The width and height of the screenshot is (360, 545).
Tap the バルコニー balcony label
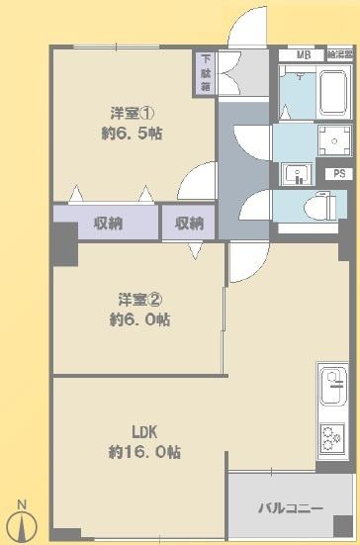click(x=290, y=508)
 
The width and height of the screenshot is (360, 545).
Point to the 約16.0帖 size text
click(x=144, y=452)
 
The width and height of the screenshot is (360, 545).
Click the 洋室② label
click(x=135, y=299)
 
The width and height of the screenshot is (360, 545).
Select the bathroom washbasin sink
click(x=294, y=174)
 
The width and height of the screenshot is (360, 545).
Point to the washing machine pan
click(x=333, y=140)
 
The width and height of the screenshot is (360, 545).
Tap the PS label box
click(x=339, y=174)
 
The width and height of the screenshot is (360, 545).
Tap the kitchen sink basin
click(x=332, y=380)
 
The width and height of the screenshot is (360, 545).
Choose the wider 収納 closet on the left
click(x=106, y=222)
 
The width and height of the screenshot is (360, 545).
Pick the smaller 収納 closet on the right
click(x=189, y=222)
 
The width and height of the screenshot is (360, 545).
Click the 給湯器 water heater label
click(x=341, y=54)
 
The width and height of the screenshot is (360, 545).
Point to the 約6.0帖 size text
click(x=139, y=319)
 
